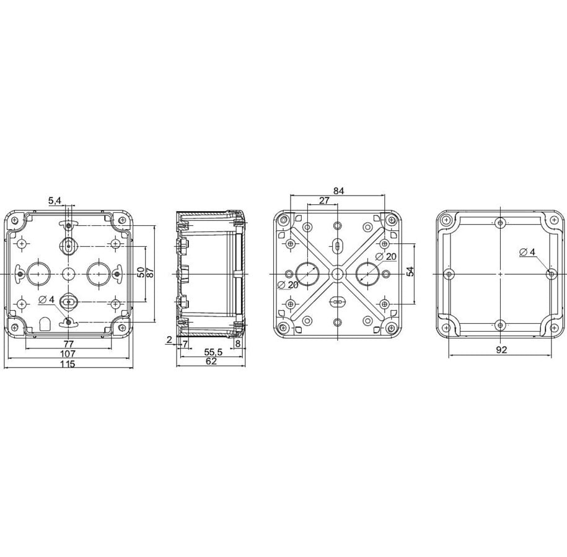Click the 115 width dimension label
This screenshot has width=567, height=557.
pyautogui.click(x=68, y=364)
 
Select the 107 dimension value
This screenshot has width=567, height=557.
pyautogui.click(x=68, y=353)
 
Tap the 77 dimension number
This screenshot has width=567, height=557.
pyautogui.click(x=68, y=343)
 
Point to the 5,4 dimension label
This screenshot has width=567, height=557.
pyautogui.click(x=55, y=201)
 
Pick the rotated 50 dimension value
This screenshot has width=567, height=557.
pyautogui.click(x=141, y=272)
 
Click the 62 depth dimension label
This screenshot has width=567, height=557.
pyautogui.click(x=211, y=361)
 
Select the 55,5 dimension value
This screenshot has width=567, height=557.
pyautogui.click(x=213, y=352)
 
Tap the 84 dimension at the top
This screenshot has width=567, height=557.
pyautogui.click(x=338, y=191)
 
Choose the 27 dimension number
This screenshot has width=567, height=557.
pyautogui.click(x=324, y=200)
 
